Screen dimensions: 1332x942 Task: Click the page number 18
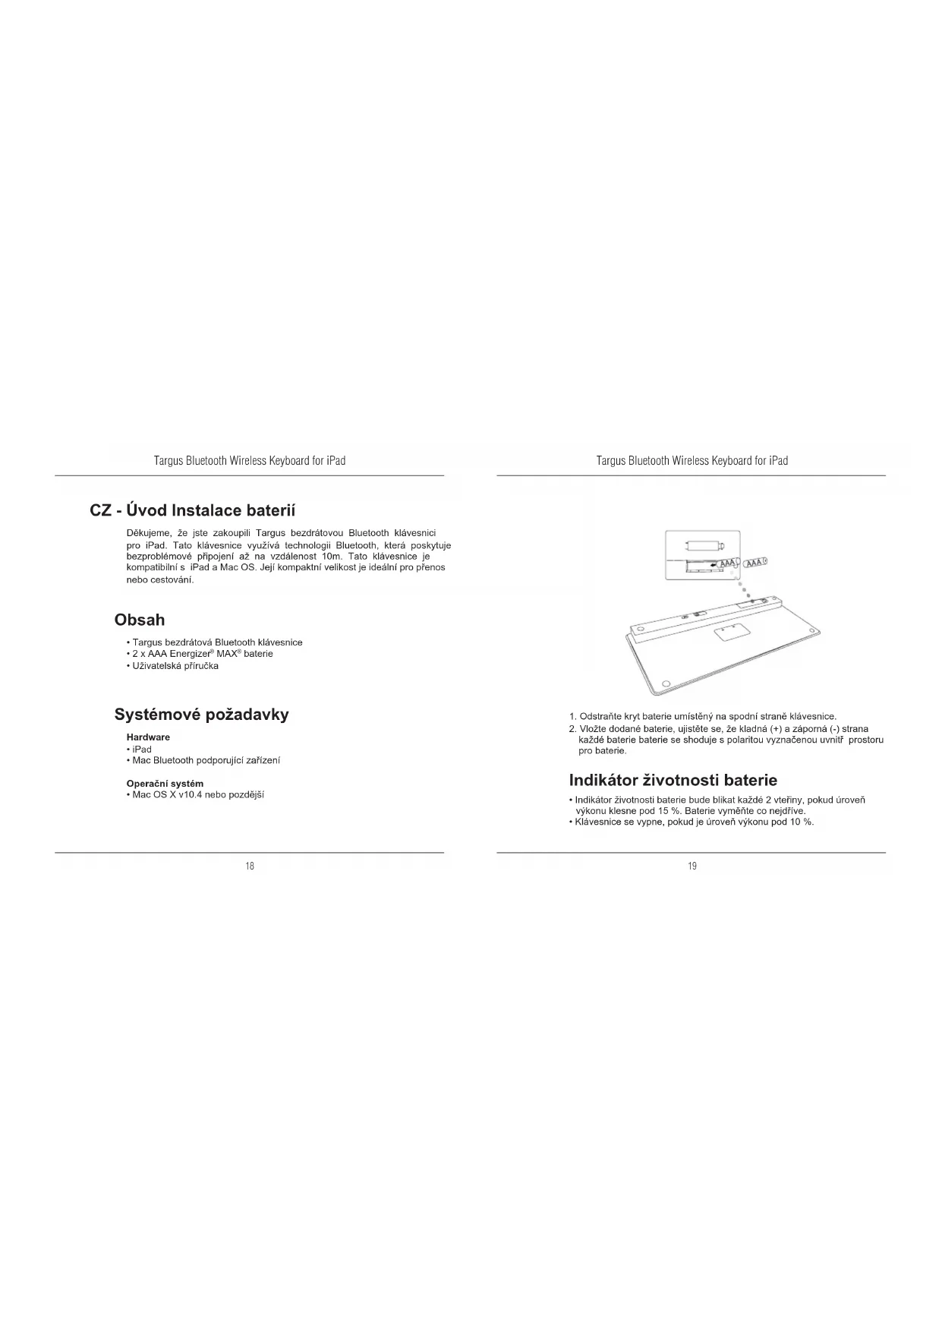250,866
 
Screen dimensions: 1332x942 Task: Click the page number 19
692,866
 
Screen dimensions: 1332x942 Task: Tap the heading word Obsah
139,620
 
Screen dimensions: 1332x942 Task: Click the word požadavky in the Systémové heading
247,715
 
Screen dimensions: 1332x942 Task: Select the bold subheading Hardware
148,737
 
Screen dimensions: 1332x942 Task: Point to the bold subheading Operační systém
165,784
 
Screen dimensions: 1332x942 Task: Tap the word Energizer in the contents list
190,654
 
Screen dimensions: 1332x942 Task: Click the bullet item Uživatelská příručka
175,666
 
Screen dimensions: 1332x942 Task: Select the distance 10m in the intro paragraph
332,557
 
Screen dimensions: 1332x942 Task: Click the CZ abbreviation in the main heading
101,510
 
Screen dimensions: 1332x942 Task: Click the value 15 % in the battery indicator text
669,811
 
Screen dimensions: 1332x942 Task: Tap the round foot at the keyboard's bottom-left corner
666,683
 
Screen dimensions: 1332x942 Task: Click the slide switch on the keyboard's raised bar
699,614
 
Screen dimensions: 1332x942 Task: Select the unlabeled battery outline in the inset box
704,544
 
